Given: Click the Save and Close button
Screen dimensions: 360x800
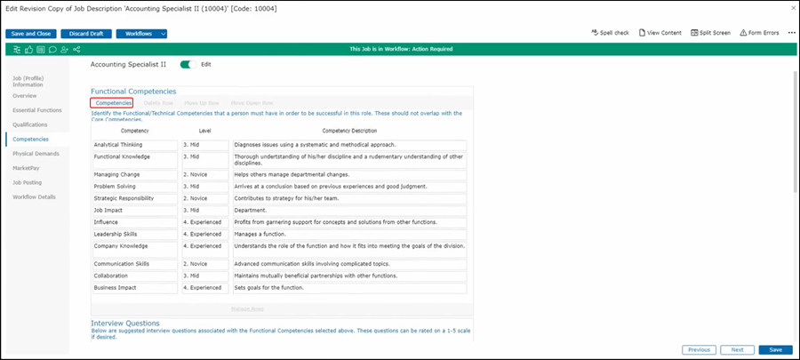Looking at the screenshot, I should click(32, 34).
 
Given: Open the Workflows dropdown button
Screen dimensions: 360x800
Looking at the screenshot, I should click(140, 34).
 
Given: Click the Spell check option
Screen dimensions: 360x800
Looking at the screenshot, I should click(610, 33).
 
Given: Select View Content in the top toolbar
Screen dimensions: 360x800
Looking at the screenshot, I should click(660, 33).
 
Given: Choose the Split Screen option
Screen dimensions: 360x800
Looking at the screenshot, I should click(710, 33).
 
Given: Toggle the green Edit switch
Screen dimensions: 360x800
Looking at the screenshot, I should click(187, 64).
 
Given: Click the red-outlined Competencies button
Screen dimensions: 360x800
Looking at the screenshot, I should click(114, 103).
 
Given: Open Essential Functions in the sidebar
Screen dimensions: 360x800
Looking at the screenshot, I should click(37, 109).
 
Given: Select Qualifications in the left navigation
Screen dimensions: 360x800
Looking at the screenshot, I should click(30, 124).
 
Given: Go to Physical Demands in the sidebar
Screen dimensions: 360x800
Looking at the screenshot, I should click(36, 153).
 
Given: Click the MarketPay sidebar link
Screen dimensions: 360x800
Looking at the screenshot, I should click(26, 167).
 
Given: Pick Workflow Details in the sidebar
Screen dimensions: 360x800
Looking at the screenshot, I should click(35, 196).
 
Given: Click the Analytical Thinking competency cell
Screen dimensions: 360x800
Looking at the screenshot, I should click(134, 145).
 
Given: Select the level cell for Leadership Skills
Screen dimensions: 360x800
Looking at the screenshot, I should click(204, 235).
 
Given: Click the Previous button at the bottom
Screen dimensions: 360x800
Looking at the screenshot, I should click(699, 350).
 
